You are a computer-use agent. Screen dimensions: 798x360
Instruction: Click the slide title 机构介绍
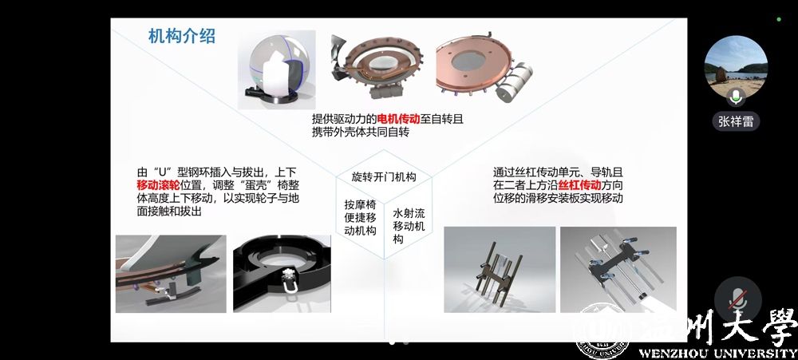tap(182, 36)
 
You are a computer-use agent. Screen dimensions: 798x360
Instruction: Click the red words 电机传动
tap(398, 119)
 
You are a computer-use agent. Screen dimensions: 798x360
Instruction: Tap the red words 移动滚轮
tap(158, 185)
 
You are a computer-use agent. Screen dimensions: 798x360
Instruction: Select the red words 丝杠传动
tap(580, 185)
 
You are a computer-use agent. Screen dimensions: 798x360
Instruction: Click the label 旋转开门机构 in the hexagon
tap(384, 176)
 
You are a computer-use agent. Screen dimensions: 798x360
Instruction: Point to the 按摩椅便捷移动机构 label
tap(361, 217)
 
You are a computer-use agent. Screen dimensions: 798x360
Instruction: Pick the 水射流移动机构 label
tap(409, 226)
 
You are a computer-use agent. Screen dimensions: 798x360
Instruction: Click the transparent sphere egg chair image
tap(276, 69)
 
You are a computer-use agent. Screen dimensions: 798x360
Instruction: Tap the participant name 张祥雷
tap(736, 121)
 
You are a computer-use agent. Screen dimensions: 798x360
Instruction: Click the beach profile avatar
tap(736, 67)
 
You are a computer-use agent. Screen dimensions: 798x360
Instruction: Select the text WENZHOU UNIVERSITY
tap(717, 354)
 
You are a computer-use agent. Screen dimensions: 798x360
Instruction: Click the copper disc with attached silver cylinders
tap(484, 68)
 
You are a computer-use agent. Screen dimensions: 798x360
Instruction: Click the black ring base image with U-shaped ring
tap(282, 274)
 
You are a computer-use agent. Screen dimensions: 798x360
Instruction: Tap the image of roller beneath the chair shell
tap(171, 274)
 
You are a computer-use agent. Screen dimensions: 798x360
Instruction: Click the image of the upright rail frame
tap(500, 269)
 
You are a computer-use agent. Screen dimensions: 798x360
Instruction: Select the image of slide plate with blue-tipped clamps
tap(618, 269)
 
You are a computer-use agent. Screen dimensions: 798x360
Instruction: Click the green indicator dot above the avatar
tap(779, 19)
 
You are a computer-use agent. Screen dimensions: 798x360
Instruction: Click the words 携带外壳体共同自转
tap(361, 133)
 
